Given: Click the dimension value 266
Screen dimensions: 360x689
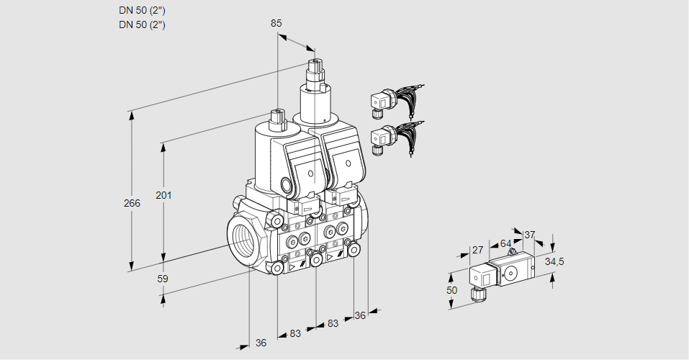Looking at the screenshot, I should (x=132, y=204).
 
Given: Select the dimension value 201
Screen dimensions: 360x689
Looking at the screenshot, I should (x=165, y=196).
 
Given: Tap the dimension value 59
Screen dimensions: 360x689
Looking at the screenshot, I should (x=163, y=279).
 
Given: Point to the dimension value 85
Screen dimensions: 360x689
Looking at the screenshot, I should (x=276, y=23).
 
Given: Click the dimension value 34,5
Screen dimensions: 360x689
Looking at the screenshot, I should (x=554, y=261).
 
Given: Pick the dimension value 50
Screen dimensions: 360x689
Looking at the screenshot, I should (x=451, y=289).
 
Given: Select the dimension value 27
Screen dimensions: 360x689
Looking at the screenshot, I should (x=477, y=250).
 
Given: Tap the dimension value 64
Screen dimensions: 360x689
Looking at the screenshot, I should (x=505, y=243).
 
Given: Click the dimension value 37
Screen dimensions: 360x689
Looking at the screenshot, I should (x=530, y=235).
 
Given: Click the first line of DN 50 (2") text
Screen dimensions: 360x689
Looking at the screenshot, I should (x=142, y=11).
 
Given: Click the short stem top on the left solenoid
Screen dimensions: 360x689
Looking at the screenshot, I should (x=277, y=115).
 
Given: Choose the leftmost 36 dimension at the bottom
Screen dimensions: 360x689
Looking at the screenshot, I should (x=261, y=343).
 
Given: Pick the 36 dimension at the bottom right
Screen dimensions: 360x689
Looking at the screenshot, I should (x=361, y=315).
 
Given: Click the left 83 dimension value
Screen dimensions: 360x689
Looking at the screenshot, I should (x=295, y=333).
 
